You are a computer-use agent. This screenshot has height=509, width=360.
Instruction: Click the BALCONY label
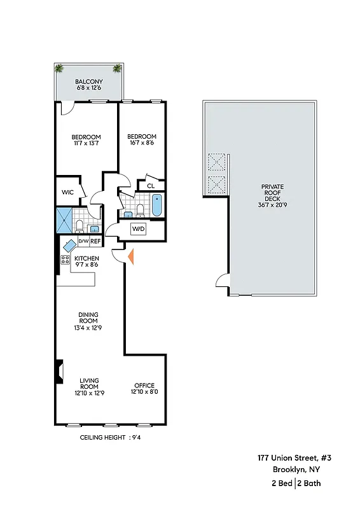89,82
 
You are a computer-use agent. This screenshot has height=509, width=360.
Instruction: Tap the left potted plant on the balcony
60,69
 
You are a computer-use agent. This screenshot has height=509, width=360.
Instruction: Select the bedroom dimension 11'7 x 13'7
85,143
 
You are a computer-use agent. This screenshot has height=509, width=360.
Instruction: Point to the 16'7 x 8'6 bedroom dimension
141,143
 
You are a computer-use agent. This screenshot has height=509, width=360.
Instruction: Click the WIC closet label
67,192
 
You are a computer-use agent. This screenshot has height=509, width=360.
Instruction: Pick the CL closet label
151,186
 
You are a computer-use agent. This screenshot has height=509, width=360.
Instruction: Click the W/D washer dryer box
139,228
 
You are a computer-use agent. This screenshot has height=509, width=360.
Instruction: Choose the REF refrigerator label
95,242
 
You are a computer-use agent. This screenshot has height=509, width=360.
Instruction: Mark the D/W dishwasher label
83,242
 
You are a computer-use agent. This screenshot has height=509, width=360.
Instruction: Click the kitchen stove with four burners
65,260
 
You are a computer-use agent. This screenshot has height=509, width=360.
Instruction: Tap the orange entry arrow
130,256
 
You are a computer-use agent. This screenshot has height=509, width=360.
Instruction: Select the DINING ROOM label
88,317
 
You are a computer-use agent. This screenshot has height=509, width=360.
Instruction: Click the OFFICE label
144,386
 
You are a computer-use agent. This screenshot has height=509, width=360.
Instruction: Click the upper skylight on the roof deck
218,162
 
